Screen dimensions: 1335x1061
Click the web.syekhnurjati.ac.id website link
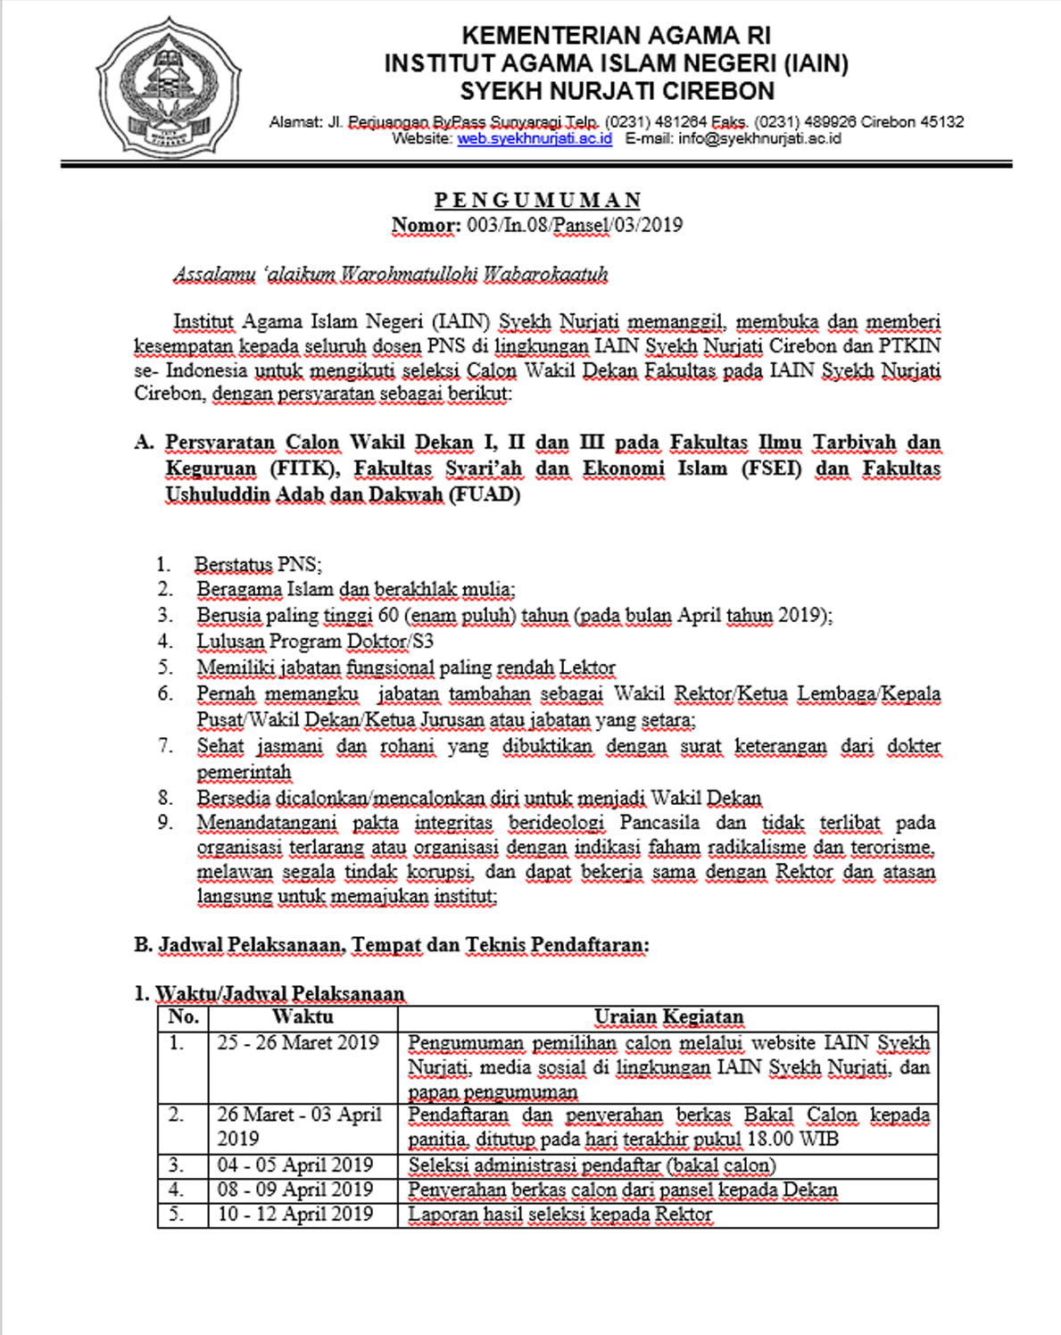(x=535, y=139)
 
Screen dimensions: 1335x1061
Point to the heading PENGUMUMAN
(x=537, y=200)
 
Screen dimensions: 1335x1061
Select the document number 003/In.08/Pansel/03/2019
(x=574, y=225)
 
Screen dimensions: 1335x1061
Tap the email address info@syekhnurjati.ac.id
(x=759, y=139)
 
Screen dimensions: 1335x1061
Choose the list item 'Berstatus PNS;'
(x=258, y=565)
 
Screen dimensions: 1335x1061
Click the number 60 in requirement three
(x=387, y=616)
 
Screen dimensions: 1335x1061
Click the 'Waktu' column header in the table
(x=303, y=1017)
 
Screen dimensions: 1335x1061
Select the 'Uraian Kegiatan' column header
(x=668, y=1017)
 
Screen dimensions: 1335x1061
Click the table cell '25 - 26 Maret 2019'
(x=298, y=1043)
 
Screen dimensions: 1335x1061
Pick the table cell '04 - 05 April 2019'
(x=294, y=1165)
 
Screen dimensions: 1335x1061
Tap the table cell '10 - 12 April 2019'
(x=294, y=1215)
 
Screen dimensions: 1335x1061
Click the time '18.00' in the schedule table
(x=769, y=1140)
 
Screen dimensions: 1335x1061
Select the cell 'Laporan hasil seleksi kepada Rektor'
(x=560, y=1215)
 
